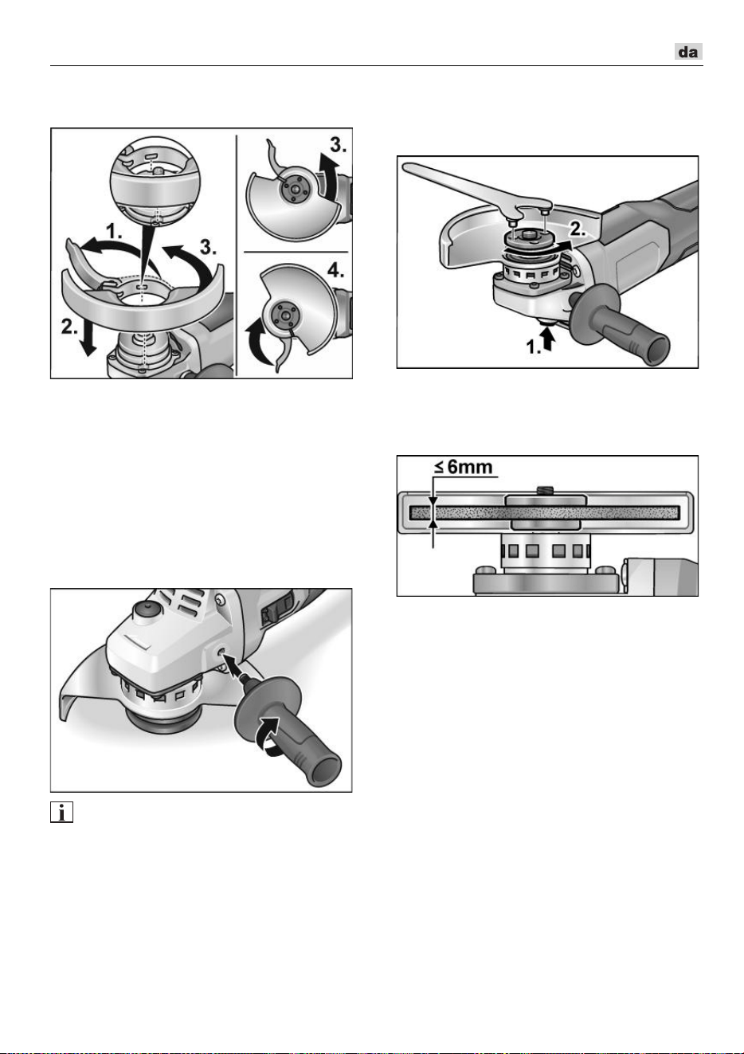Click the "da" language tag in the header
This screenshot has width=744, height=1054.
(688, 51)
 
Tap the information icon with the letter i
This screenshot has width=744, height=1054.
(61, 813)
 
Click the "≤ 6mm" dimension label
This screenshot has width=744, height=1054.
(464, 467)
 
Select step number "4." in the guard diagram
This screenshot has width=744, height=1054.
(336, 271)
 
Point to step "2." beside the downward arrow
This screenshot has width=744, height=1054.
(69, 326)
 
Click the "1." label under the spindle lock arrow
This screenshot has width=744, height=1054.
(533, 347)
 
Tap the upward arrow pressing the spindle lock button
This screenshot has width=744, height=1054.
(549, 339)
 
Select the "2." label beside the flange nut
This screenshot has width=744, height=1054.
(578, 229)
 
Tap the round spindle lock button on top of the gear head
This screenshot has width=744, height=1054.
(146, 609)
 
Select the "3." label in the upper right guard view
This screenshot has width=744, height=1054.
(338, 146)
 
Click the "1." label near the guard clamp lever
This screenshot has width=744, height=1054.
(114, 232)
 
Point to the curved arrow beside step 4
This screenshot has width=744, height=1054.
(257, 339)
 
